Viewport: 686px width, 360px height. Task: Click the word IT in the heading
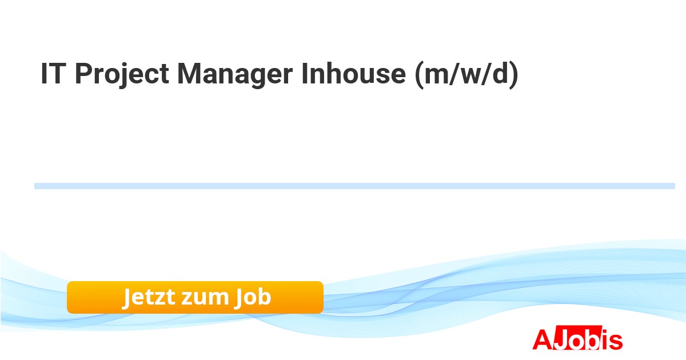click(53, 74)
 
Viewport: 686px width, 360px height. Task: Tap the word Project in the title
click(122, 75)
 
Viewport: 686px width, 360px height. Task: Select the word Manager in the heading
click(235, 75)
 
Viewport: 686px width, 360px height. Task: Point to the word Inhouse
click(354, 74)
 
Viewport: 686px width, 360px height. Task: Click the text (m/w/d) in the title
click(466, 75)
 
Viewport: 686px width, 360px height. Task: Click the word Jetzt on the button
click(149, 297)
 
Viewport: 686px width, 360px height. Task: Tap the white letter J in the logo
click(561, 339)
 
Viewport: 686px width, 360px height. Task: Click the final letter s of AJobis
click(616, 342)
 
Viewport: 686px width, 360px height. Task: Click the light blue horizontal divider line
click(354, 186)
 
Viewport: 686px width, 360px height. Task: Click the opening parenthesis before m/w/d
click(419, 75)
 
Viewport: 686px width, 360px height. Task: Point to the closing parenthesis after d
click(514, 75)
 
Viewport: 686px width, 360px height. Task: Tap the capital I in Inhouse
click(305, 74)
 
